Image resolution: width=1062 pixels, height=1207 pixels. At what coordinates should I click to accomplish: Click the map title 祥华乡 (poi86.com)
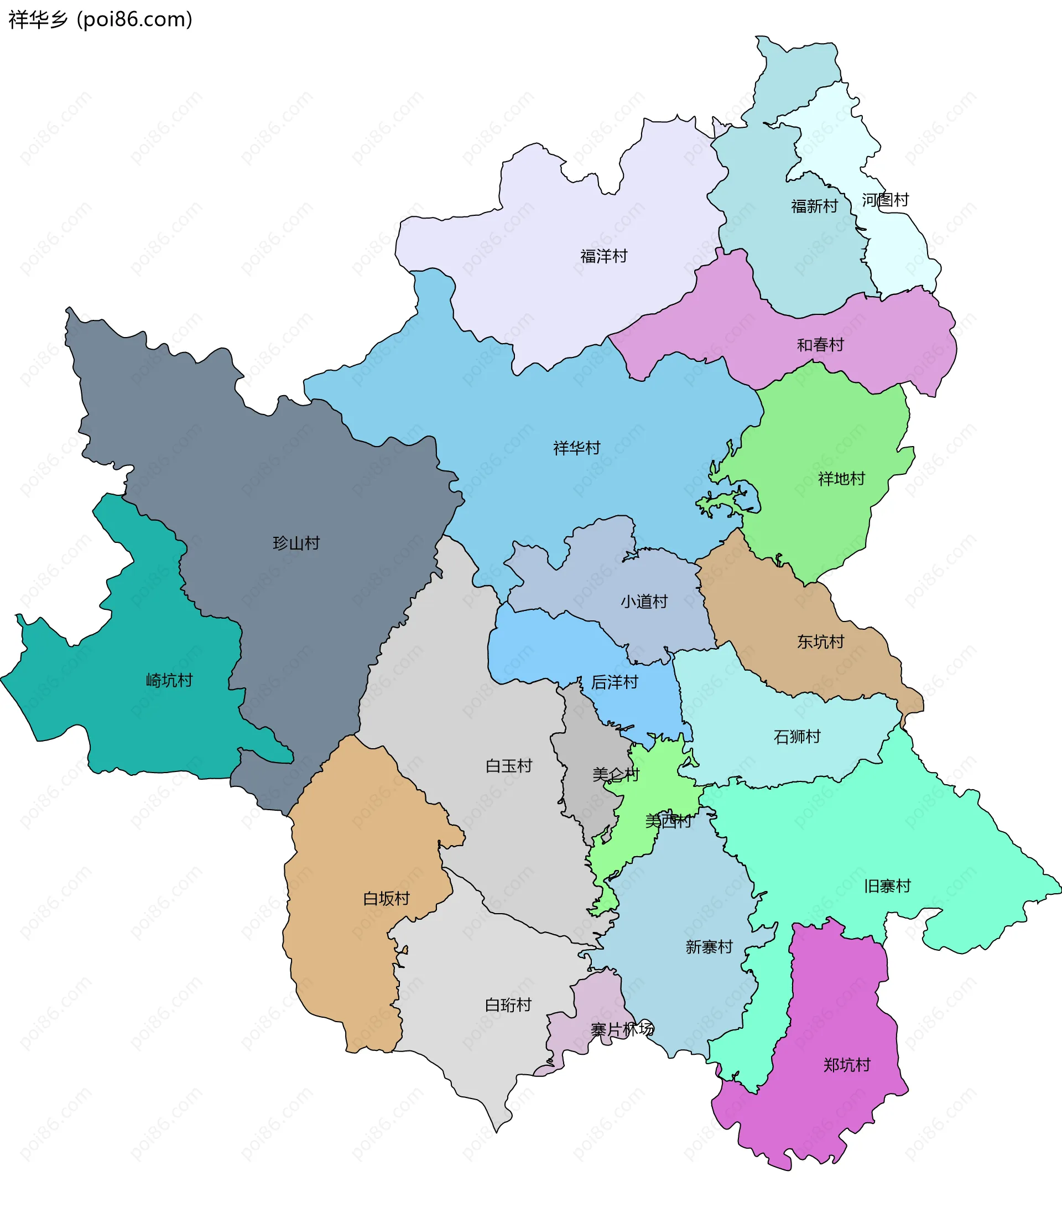(100, 19)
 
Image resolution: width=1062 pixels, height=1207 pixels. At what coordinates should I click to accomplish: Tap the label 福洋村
(603, 256)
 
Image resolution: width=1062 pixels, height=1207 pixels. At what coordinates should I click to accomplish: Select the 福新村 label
(814, 206)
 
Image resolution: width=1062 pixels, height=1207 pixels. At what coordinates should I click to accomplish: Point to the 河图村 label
(885, 200)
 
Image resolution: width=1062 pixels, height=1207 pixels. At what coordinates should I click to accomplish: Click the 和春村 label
(820, 345)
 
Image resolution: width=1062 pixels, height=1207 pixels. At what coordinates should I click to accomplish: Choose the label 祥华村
(576, 448)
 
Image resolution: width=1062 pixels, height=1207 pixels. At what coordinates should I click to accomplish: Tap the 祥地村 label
(841, 478)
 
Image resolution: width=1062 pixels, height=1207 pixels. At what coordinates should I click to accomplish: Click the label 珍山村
(296, 543)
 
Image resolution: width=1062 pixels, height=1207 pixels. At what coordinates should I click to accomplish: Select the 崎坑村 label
(169, 680)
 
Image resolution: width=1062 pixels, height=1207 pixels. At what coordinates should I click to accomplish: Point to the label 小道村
(643, 602)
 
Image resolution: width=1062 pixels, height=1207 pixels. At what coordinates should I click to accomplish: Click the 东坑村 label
(820, 641)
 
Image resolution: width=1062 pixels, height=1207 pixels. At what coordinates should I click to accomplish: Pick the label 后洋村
(615, 682)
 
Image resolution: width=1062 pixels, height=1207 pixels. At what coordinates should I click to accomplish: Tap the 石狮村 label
(797, 737)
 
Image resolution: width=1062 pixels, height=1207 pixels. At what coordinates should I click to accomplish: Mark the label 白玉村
(508, 766)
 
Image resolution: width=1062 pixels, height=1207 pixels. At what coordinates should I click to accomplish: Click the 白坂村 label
(386, 899)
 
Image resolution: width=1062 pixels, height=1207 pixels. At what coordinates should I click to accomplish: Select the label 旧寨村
(887, 886)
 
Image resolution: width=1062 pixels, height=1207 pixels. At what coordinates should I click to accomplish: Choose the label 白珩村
(508, 1005)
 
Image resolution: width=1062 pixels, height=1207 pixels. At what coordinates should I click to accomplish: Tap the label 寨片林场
(622, 1030)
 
